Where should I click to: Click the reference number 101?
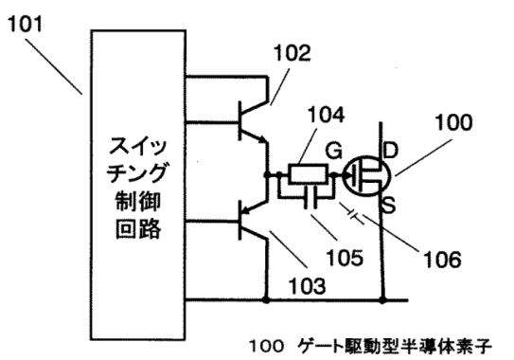pyautogui.click(x=27, y=21)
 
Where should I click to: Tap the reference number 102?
pyautogui.click(x=293, y=54)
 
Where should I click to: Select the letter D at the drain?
pyautogui.click(x=389, y=152)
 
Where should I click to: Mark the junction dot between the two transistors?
pyautogui.click(x=267, y=175)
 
